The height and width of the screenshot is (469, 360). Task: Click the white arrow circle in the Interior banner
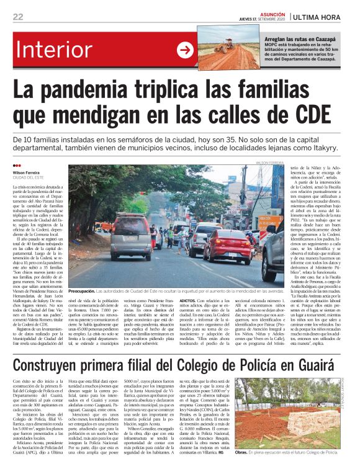[185, 50]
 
